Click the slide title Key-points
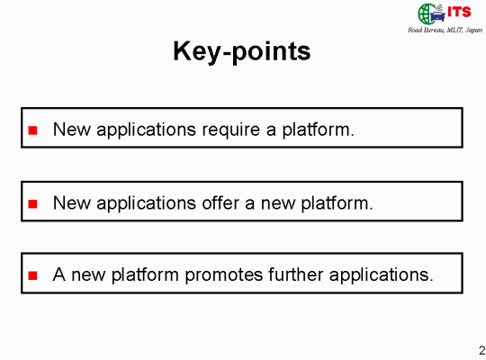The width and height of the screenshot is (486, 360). point(242,52)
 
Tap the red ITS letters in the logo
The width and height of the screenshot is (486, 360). point(459,12)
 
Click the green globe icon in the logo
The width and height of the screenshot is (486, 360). point(425,14)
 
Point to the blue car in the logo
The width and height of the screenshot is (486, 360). point(437,15)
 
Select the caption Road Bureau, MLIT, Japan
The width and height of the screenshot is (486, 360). point(445,30)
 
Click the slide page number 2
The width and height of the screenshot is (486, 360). point(482,350)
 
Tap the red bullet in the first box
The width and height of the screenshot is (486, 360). point(32,130)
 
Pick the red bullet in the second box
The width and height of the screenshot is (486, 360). point(32,203)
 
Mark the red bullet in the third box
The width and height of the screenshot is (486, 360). point(32,275)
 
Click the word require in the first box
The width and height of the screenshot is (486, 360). point(231,130)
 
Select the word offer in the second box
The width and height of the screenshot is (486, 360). point(220,203)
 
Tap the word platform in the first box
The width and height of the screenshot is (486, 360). point(318,130)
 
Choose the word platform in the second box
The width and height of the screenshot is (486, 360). point(337,203)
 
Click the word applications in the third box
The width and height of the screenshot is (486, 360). point(381,275)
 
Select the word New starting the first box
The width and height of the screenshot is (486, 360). point(72,130)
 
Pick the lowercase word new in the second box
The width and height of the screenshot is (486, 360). point(278,204)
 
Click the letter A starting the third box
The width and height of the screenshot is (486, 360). point(58,274)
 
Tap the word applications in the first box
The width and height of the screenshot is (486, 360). point(147,130)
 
